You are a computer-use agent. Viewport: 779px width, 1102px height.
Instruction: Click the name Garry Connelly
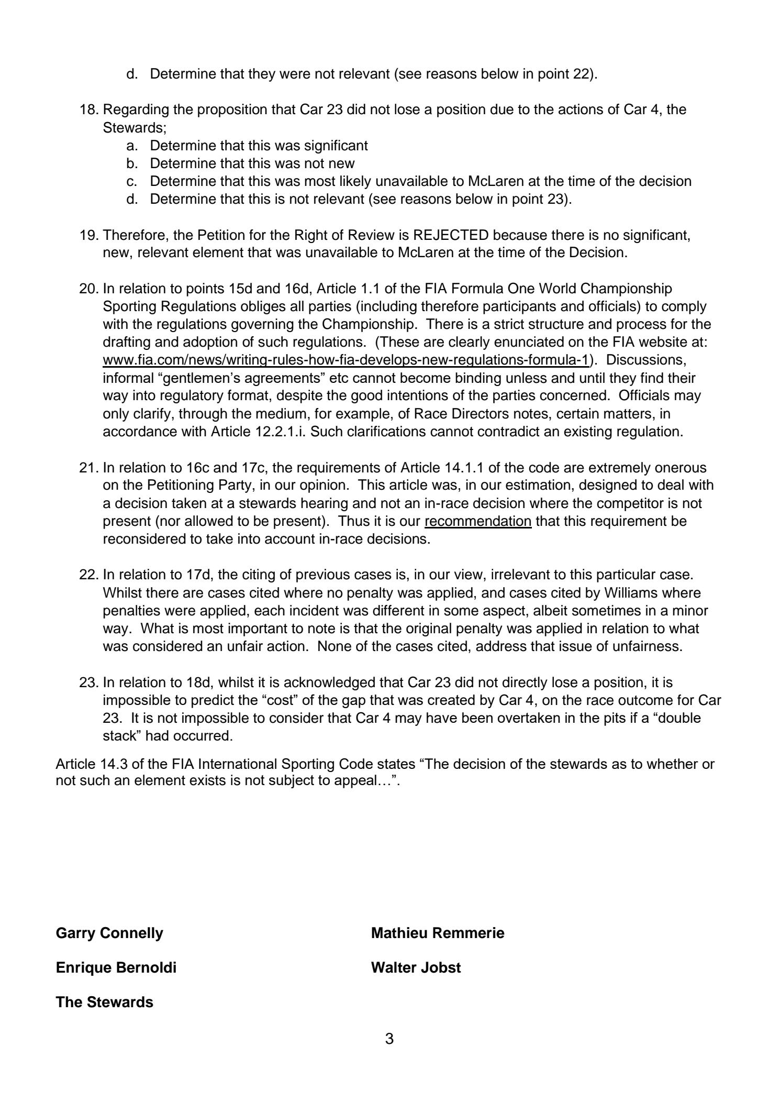tap(109, 933)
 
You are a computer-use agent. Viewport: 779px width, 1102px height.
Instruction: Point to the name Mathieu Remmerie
tap(438, 933)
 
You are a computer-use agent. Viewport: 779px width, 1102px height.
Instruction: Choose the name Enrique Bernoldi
tap(116, 967)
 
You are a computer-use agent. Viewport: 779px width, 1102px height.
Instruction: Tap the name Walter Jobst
tap(416, 967)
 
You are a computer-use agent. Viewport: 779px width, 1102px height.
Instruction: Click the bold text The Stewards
tap(104, 1002)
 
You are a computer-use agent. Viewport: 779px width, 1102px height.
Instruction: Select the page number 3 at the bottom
tap(389, 1038)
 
